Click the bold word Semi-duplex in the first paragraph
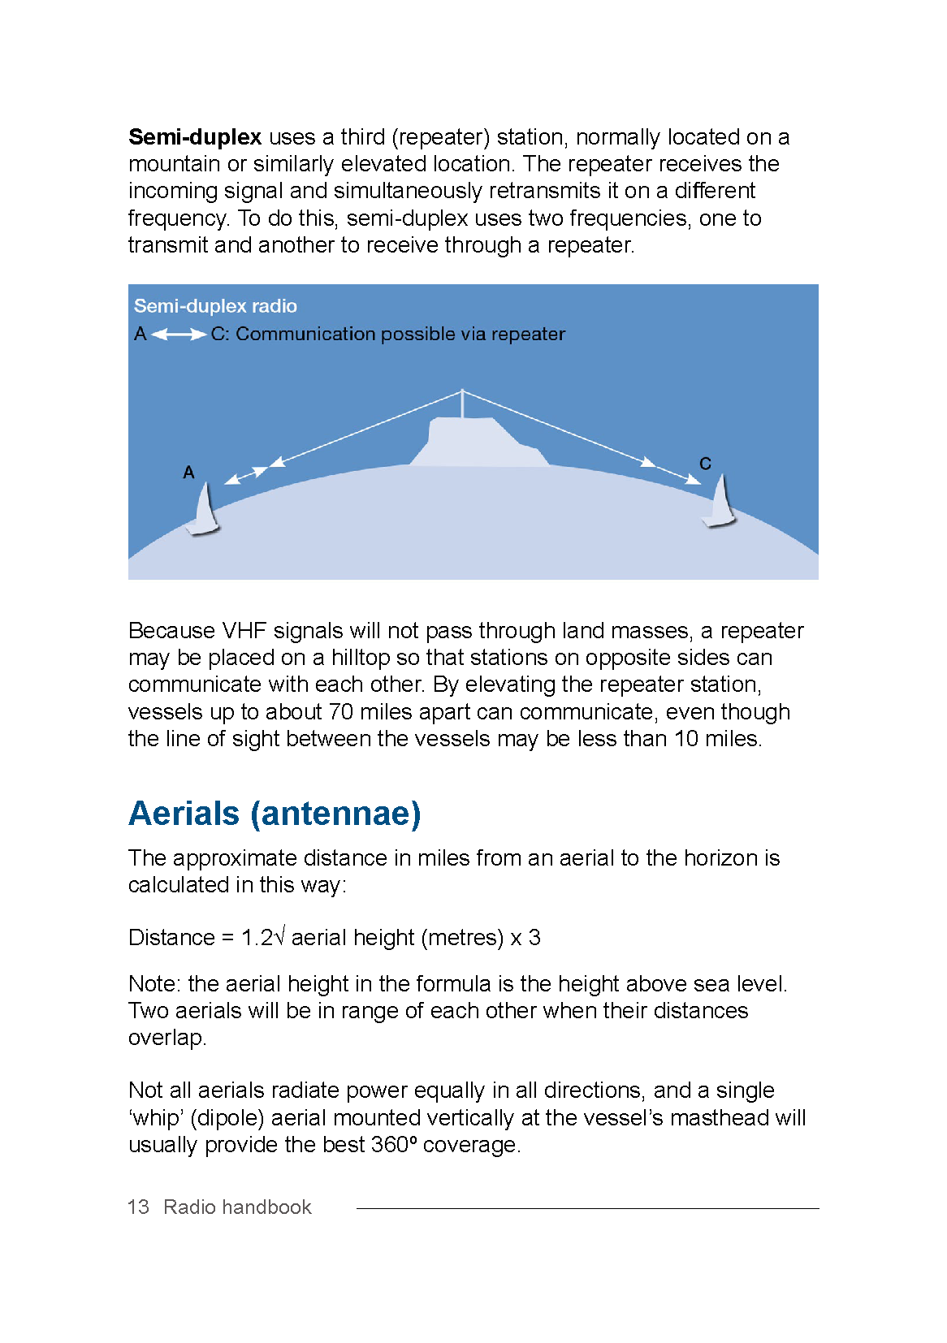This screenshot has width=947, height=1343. [x=195, y=137]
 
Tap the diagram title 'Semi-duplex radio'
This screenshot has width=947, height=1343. [x=215, y=306]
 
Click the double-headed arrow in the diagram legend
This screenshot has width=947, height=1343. [x=179, y=335]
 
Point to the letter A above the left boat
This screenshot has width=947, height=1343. [x=188, y=473]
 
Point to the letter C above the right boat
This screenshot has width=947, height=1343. [x=705, y=464]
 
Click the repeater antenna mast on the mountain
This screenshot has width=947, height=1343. [x=462, y=404]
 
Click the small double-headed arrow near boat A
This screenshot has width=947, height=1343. [x=246, y=476]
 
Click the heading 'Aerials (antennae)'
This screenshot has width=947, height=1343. [x=275, y=814]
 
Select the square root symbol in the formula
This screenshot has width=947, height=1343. [x=280, y=936]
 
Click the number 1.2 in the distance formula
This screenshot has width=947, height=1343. [x=257, y=938]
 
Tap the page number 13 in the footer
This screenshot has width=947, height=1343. [x=138, y=1207]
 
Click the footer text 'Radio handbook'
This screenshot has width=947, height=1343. [x=237, y=1207]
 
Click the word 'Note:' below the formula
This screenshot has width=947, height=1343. [x=154, y=984]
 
